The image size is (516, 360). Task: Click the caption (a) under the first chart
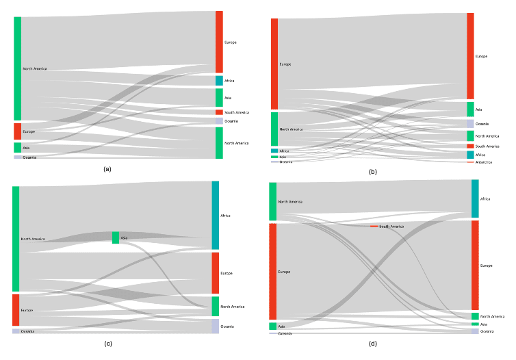[x=106, y=168]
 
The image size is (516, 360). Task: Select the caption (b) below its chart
[x=372, y=172]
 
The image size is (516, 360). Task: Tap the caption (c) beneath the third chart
[x=108, y=343]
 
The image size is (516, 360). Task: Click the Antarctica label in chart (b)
[x=485, y=162]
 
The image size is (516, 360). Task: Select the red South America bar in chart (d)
[x=374, y=226]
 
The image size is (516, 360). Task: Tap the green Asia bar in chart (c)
[x=116, y=237]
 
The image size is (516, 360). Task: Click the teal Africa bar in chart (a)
[x=219, y=81]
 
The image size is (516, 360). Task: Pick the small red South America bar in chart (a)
[x=219, y=112]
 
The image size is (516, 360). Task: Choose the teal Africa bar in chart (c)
[x=216, y=215]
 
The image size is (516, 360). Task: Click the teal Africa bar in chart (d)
[x=475, y=198]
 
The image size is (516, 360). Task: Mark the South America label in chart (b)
[x=487, y=146]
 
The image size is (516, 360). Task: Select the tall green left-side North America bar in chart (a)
[x=18, y=68]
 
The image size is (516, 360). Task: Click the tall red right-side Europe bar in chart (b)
[x=470, y=56]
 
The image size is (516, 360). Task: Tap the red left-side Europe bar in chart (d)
[x=272, y=271]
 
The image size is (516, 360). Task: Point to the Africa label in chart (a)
[x=229, y=81]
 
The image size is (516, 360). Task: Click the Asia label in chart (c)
[x=124, y=238]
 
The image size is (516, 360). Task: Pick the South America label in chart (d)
[x=391, y=226]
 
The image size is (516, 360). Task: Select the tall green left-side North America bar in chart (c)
[x=16, y=239]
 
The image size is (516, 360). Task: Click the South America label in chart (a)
[x=237, y=112]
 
